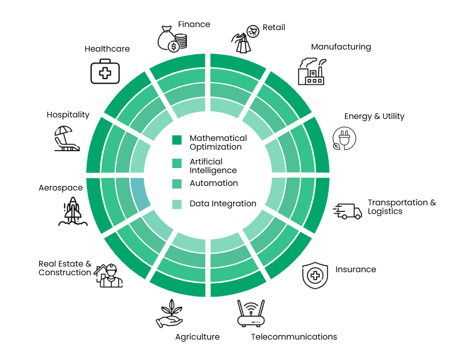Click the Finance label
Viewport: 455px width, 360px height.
[x=194, y=25]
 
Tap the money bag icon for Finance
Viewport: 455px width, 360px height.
[x=172, y=39]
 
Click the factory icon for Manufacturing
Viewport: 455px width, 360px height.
[x=312, y=71]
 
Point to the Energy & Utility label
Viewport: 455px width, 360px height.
[x=374, y=116]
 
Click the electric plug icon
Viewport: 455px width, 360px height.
[x=344, y=138]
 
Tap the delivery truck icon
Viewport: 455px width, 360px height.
[x=347, y=211]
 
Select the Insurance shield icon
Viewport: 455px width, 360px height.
[x=315, y=275]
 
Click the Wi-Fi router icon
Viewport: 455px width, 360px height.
[x=251, y=314]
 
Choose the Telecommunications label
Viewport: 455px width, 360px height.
[x=294, y=337]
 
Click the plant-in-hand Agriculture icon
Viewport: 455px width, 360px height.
[x=170, y=314]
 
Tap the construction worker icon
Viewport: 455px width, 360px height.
[x=109, y=276]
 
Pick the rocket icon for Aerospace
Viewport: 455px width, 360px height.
[x=73, y=211]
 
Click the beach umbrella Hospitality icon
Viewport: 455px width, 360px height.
[x=67, y=138]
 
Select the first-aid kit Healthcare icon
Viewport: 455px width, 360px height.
[x=105, y=71]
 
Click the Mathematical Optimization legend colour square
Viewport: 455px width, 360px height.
[x=177, y=140]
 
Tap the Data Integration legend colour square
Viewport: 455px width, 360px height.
[x=177, y=204]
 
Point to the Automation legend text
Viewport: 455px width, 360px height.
[x=214, y=183]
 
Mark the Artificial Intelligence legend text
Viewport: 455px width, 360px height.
[x=213, y=166]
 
